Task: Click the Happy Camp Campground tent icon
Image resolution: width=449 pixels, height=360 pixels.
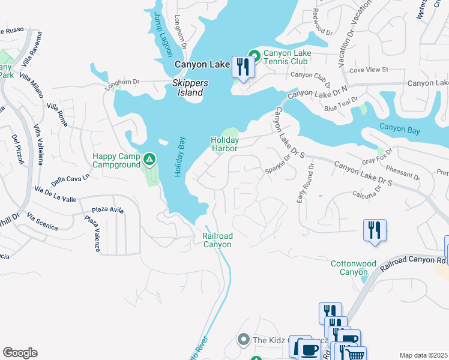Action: pos(149,160)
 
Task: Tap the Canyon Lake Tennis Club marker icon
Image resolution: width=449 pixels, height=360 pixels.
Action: pos(254,56)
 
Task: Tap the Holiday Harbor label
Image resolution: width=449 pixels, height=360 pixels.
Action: pos(224,144)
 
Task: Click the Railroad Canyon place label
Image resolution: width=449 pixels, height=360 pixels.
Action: pos(217,240)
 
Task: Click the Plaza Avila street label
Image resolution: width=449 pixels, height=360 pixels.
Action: pos(107,211)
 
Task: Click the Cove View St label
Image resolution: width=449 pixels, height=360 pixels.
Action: pos(369,70)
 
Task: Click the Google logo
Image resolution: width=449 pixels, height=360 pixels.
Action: pos(20,353)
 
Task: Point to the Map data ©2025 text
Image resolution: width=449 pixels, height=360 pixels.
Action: pos(423,355)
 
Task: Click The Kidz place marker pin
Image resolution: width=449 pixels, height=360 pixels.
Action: pos(244,340)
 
